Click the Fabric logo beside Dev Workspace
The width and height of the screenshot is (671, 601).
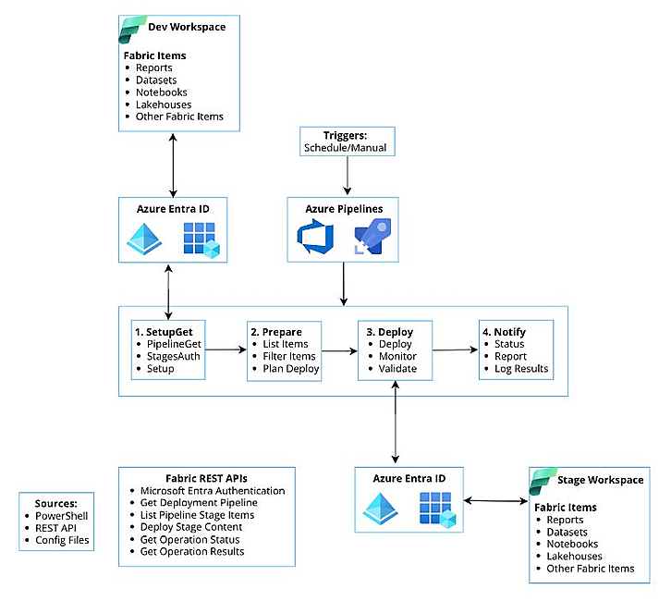[131, 30]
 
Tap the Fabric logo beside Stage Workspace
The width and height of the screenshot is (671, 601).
[543, 481]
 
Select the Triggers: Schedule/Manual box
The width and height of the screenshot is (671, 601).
[348, 141]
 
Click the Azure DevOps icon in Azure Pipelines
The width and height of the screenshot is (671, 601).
[315, 237]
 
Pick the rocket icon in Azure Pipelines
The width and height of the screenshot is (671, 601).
[372, 237]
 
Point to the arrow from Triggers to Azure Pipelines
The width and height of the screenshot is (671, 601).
[348, 176]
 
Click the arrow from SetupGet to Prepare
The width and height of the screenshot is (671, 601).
[226, 350]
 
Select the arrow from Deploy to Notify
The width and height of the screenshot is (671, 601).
[456, 350]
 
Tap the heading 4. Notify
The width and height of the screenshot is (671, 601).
[504, 332]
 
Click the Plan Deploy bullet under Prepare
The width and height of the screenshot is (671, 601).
[291, 369]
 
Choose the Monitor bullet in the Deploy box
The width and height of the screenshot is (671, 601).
[397, 356]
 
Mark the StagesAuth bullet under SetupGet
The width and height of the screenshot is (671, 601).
[174, 356]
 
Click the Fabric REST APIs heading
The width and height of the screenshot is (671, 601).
[206, 478]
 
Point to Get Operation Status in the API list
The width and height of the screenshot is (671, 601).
[190, 539]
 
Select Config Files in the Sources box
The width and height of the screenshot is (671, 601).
[62, 540]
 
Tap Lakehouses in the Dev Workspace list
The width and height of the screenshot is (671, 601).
[164, 104]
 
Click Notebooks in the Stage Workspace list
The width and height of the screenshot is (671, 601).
[572, 544]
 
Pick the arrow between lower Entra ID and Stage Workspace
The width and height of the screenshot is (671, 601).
[496, 500]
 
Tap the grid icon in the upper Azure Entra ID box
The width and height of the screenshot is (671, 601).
[201, 239]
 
